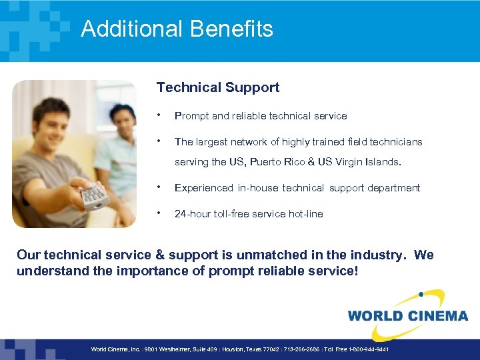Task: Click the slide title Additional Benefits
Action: click(177, 29)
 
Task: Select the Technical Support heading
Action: click(217, 87)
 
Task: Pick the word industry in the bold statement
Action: click(378, 255)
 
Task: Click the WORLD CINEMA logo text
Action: click(407, 315)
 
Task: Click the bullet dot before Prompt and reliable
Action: click(159, 115)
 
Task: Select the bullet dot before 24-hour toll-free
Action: click(159, 213)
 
